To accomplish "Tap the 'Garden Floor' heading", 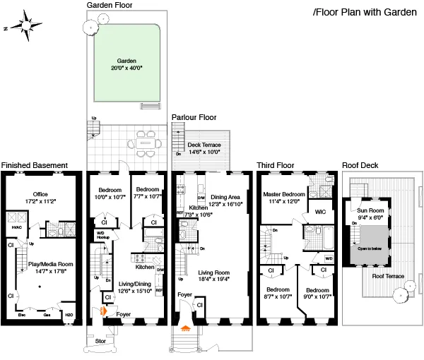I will (110, 4).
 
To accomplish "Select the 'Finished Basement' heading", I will (34, 165).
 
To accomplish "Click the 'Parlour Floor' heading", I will (194, 117).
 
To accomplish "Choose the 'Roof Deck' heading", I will (360, 165).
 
